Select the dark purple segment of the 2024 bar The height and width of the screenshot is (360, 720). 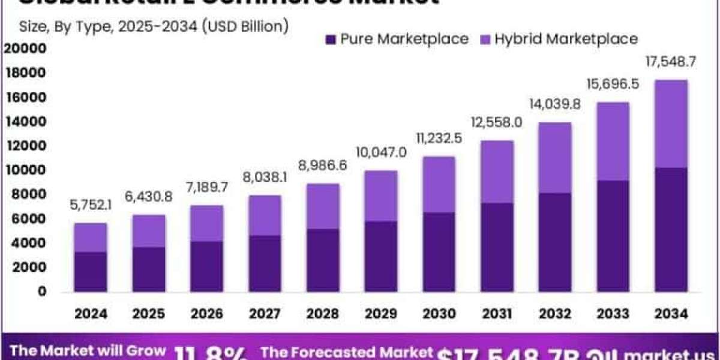pyautogui.click(x=91, y=272)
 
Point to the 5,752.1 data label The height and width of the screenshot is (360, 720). pyautogui.click(x=91, y=206)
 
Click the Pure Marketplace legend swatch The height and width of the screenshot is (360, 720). pyautogui.click(x=331, y=40)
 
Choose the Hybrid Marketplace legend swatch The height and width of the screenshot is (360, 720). pyautogui.click(x=485, y=40)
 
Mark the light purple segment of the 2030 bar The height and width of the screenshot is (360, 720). pyautogui.click(x=438, y=184)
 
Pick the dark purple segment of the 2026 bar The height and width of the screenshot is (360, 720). pyautogui.click(x=206, y=266)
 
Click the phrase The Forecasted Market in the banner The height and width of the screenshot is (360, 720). pyautogui.click(x=346, y=352)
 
